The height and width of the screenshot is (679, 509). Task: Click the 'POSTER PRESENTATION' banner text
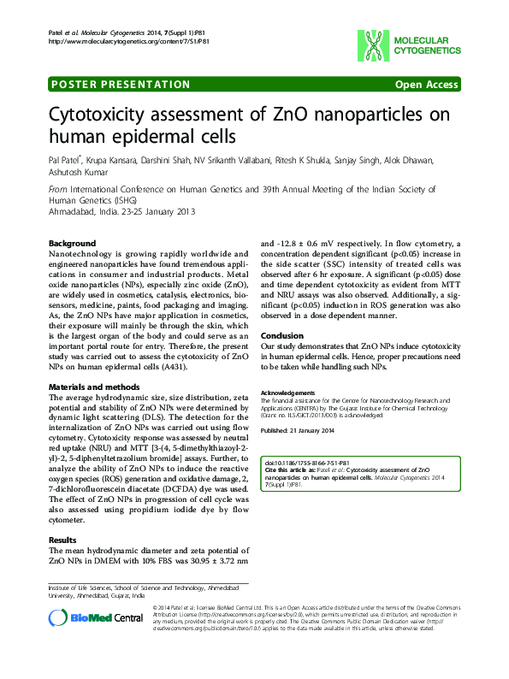(121, 85)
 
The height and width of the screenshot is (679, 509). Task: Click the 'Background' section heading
(73, 244)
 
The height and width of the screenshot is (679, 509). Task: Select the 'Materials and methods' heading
(94, 387)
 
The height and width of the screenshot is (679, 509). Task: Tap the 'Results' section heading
(63, 540)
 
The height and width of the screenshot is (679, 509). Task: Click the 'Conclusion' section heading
(282, 336)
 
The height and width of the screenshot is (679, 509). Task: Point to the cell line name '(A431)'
(196, 367)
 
